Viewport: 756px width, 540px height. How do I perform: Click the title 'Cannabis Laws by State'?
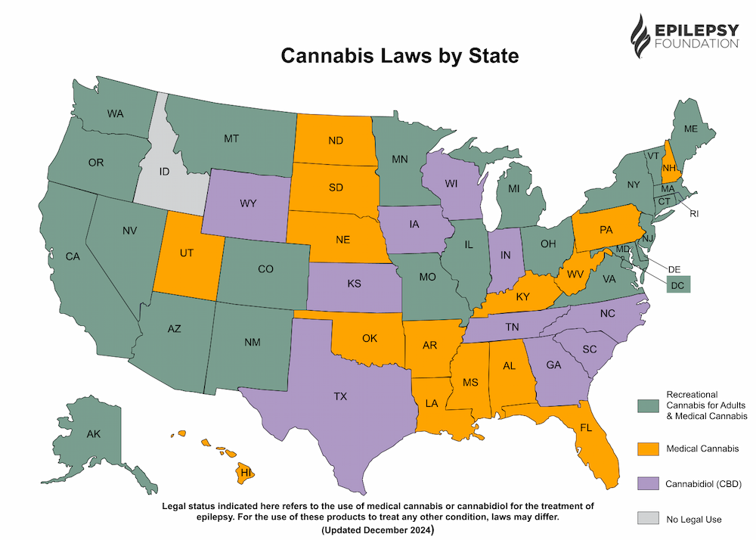[400, 56]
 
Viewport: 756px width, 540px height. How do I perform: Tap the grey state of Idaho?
[164, 172]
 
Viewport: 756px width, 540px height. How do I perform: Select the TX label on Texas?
[340, 396]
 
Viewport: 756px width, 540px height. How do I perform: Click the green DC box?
[678, 284]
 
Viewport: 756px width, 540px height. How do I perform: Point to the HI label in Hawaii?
[246, 473]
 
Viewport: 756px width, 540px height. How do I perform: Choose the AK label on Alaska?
[94, 434]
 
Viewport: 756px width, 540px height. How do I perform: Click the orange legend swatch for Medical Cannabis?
[647, 448]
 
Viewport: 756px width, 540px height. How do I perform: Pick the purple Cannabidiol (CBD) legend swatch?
[647, 483]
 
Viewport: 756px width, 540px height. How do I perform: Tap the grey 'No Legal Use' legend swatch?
[647, 519]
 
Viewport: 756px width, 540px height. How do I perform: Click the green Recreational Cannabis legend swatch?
[647, 405]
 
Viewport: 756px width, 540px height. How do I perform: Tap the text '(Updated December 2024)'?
[377, 530]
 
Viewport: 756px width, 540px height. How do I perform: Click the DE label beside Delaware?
[675, 268]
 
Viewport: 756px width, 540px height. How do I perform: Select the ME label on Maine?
[690, 129]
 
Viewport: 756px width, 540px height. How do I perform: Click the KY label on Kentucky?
[522, 297]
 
